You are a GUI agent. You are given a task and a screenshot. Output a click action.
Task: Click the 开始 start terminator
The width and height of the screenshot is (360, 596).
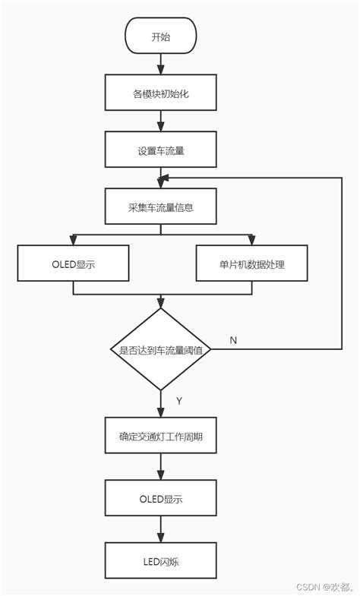pyautogui.click(x=160, y=36)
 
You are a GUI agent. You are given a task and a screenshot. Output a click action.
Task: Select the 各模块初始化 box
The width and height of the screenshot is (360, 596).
pyautogui.click(x=160, y=94)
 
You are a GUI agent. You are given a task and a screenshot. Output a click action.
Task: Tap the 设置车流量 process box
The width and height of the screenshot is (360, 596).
pyautogui.click(x=160, y=150)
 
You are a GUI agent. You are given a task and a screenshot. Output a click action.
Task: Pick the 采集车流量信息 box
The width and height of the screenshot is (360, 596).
pyautogui.click(x=160, y=207)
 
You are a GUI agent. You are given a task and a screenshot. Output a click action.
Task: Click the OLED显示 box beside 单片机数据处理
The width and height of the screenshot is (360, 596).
pyautogui.click(x=73, y=264)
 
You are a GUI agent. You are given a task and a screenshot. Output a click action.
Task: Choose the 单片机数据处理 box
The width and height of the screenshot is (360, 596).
pyautogui.click(x=252, y=264)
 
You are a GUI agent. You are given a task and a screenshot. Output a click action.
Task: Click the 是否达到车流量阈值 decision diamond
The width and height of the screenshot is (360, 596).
pyautogui.click(x=160, y=349)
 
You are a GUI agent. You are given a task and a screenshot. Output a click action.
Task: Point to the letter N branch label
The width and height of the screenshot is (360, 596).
pyautogui.click(x=233, y=340)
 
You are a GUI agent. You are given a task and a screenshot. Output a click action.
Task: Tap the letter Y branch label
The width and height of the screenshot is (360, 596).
pyautogui.click(x=179, y=401)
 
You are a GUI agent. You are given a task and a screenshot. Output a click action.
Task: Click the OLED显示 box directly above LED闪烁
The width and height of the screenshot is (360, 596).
pyautogui.click(x=160, y=499)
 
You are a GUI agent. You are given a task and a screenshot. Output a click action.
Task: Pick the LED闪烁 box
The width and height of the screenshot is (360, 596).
pyautogui.click(x=160, y=562)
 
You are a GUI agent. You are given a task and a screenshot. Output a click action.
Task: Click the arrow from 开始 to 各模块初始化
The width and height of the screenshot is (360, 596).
pyautogui.click(x=160, y=65)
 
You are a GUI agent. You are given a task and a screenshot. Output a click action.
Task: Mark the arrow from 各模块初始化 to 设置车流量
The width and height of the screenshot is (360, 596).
pyautogui.click(x=160, y=121)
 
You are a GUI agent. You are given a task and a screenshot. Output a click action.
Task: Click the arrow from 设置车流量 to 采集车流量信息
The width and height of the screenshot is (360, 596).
pyautogui.click(x=160, y=178)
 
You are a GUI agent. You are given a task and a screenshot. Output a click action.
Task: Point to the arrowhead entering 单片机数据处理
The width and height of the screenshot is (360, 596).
pyautogui.click(x=252, y=240)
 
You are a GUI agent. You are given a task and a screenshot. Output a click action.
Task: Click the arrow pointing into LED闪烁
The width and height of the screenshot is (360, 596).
pyautogui.click(x=160, y=530)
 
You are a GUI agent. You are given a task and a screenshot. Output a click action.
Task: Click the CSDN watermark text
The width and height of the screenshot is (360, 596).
pyautogui.click(x=323, y=586)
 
